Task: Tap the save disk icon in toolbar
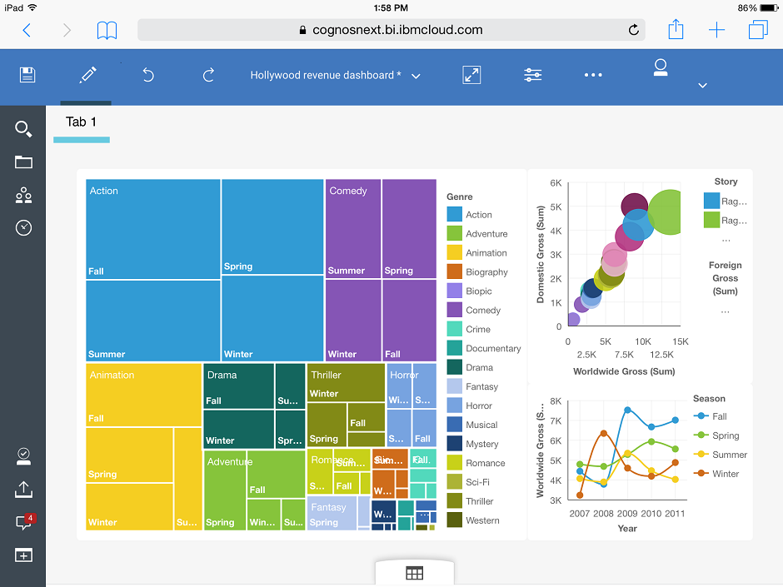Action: click(x=27, y=75)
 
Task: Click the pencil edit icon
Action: click(x=87, y=75)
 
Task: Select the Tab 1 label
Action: click(x=81, y=122)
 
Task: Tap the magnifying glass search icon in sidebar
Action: click(x=23, y=129)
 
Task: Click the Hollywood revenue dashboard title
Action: click(x=326, y=75)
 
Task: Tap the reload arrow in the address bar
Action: click(x=634, y=30)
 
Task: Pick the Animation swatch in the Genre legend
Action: click(x=454, y=253)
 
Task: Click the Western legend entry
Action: click(x=482, y=520)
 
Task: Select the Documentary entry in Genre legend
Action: click(x=492, y=349)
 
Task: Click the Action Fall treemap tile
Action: click(x=153, y=229)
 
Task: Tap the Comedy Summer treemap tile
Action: click(x=352, y=229)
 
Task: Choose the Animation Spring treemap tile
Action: click(x=129, y=455)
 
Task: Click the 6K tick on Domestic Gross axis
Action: click(x=556, y=183)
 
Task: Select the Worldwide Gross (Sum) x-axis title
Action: click(x=624, y=371)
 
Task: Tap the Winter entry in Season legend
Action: click(x=725, y=474)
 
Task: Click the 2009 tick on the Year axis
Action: click(x=627, y=514)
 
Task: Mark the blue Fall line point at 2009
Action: click(x=627, y=410)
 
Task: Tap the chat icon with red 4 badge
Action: click(x=23, y=523)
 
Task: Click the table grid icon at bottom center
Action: click(x=414, y=573)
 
